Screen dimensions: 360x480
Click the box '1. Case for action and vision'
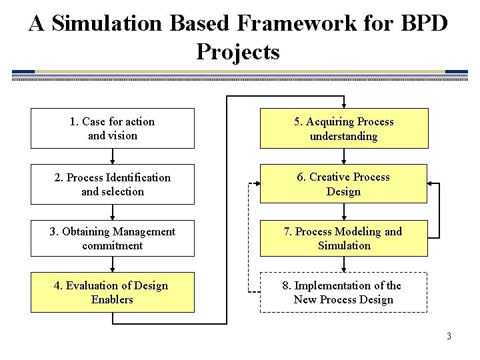coord(112,128)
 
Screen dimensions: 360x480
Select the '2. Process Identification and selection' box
coord(112,184)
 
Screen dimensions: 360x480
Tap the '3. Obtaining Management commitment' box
coord(112,238)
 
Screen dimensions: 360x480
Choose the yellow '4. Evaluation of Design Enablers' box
coord(112,292)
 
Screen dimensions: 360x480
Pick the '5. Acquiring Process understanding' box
coord(343,128)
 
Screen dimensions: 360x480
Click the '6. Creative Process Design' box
coord(343,183)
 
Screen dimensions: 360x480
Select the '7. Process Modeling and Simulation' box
coord(343,238)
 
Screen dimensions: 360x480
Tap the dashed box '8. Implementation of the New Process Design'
coord(343,292)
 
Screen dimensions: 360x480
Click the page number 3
coord(449,336)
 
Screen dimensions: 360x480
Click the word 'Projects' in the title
coord(238,52)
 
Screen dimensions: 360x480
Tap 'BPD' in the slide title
coord(423,23)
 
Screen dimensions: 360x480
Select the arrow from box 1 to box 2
coord(113,156)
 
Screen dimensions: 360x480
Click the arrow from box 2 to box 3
coord(113,212)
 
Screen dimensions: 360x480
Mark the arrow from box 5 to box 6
coord(344,156)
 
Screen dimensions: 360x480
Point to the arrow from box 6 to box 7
coord(344,212)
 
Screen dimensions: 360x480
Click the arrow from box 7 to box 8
coord(344,265)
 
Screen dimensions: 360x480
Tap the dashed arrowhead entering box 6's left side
coord(255,183)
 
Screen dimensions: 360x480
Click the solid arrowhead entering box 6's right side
coord(431,183)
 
